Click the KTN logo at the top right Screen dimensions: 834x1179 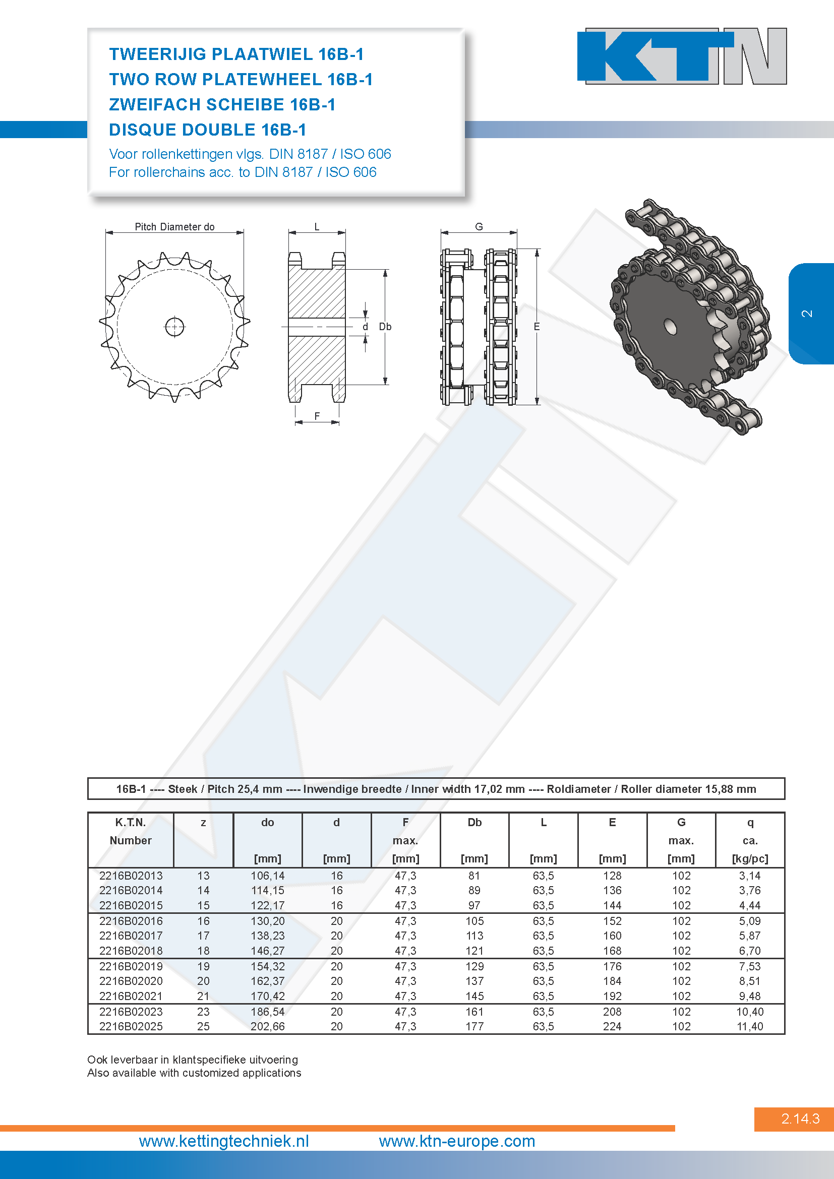(682, 56)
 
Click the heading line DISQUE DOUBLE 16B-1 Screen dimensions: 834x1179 (207, 130)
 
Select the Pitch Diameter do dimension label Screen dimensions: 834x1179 (174, 226)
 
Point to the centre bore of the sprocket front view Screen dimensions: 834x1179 (174, 326)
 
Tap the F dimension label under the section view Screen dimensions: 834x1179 (317, 416)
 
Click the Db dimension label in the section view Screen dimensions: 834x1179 (385, 327)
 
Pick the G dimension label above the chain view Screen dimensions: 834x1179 (479, 226)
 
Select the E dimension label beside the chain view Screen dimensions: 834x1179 (537, 327)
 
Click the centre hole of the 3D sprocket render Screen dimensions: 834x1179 (670, 326)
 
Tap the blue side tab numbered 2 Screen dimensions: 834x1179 (810, 313)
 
